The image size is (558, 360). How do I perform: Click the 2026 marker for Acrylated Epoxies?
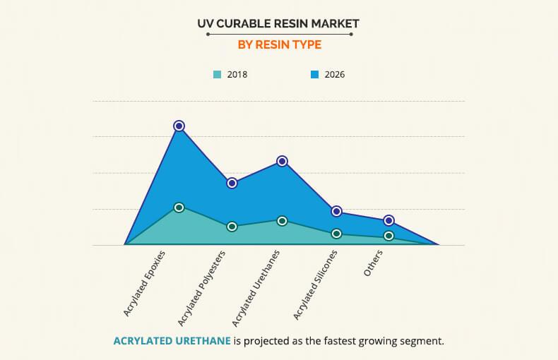pos(179,126)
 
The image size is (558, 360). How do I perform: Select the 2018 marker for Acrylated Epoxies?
pos(179,208)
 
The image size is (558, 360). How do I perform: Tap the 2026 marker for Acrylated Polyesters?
pos(231,183)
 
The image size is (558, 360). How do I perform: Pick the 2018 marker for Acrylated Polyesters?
pos(231,227)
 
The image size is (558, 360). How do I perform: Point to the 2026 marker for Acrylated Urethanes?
pos(282,161)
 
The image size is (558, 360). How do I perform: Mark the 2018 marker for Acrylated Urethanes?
pos(282,221)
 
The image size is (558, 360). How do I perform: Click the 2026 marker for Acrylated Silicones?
pos(336,211)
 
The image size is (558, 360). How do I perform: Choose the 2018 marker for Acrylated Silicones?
pos(336,234)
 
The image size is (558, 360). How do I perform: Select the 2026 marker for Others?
pos(388,221)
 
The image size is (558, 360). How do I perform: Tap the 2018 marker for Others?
pos(388,236)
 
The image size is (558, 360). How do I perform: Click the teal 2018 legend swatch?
pos(218,74)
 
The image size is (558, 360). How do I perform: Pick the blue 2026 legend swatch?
pos(315,74)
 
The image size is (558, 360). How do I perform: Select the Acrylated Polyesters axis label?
pos(201,287)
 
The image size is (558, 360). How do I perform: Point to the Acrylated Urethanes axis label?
pos(256,285)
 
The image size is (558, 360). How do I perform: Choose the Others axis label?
pos(374,263)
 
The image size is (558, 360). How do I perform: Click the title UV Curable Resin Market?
pos(278,23)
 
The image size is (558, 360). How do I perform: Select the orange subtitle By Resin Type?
pos(278,44)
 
